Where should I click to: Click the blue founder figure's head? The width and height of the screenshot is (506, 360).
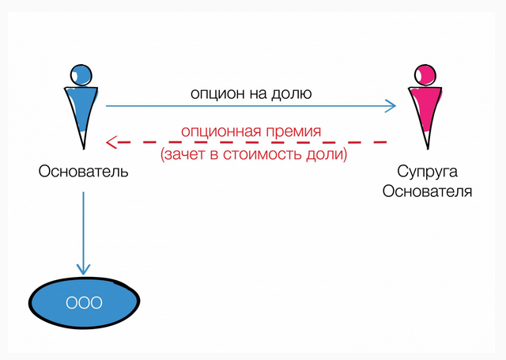(81, 74)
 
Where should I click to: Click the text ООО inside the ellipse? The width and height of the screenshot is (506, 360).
(84, 302)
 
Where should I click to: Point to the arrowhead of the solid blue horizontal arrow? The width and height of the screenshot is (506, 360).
(391, 105)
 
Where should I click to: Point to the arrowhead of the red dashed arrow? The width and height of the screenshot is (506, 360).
(111, 142)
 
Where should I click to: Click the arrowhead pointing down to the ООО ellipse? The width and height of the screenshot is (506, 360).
(83, 270)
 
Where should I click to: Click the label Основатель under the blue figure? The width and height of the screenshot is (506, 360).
(83, 171)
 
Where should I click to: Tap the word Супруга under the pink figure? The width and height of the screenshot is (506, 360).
(427, 172)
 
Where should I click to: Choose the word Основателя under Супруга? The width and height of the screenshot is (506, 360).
(427, 191)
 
